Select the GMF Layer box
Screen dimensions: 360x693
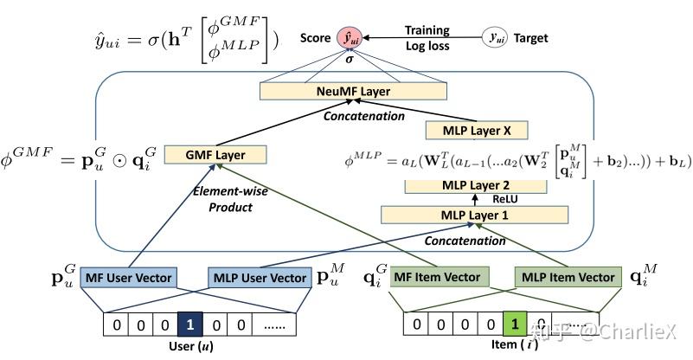coord(215,156)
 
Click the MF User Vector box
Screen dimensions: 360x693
coord(128,278)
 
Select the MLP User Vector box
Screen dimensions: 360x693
coord(260,278)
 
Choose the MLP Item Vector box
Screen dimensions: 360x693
coord(566,278)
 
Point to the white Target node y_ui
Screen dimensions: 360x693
coord(493,38)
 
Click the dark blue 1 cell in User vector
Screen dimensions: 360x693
coord(189,325)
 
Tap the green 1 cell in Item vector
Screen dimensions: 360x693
coord(514,325)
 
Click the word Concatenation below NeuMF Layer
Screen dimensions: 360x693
coord(364,115)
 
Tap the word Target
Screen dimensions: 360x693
coord(530,38)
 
